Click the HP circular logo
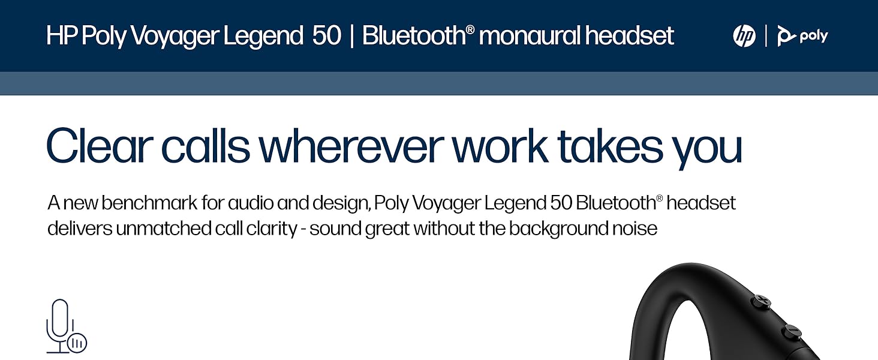[744, 36]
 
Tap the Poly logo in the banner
[802, 36]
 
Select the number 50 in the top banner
[326, 36]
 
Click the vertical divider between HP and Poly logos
[766, 36]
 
